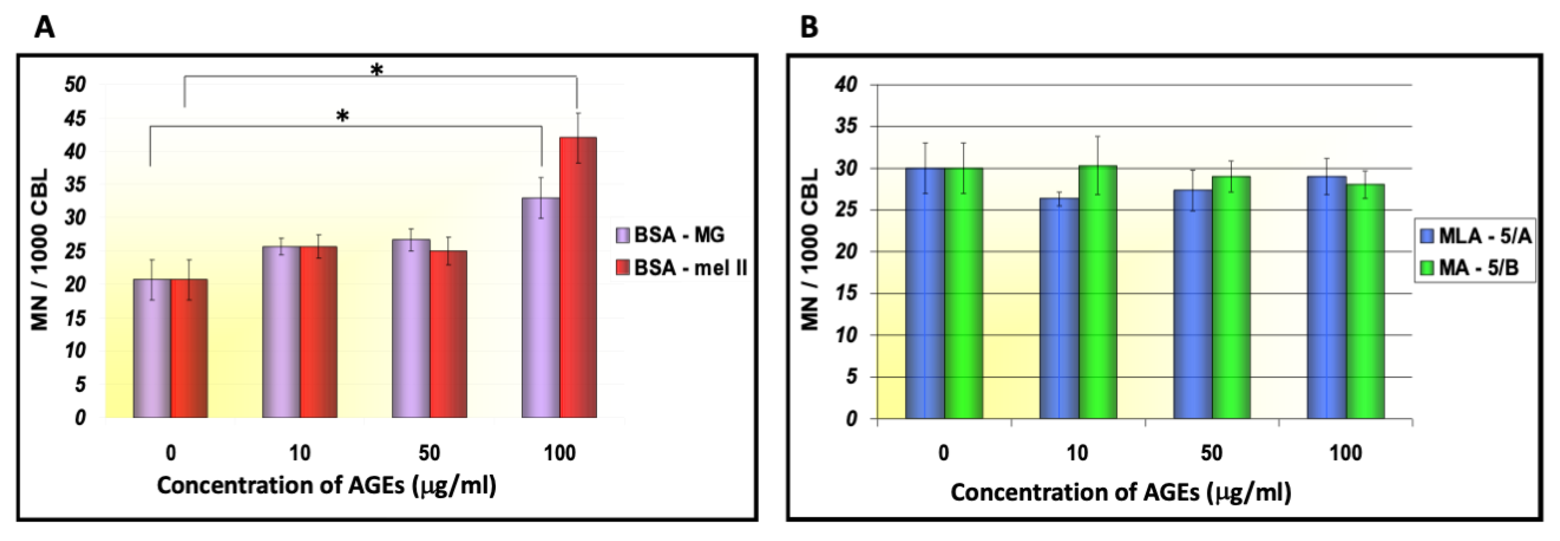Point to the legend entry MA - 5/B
click(x=1468, y=268)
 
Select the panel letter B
click(x=809, y=27)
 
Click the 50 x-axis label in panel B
click(x=1211, y=454)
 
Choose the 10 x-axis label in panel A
click(x=300, y=453)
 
